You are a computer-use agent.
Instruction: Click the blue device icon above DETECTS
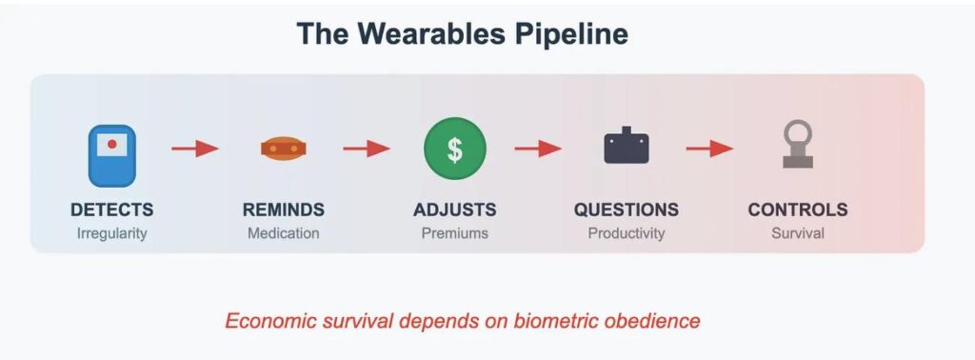[112, 155]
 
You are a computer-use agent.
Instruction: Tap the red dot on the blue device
[112, 144]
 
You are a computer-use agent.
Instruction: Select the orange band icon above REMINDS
[284, 149]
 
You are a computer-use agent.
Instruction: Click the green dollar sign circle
[455, 150]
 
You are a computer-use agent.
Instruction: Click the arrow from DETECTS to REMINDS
[195, 149]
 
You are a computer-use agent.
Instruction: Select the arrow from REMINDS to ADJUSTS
[367, 149]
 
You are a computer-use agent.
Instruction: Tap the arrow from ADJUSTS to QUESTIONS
[539, 149]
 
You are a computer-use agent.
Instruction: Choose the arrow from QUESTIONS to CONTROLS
[709, 149]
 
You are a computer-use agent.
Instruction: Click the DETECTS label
[112, 210]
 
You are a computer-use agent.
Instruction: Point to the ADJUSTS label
[455, 210]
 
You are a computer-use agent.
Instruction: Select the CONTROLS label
[798, 210]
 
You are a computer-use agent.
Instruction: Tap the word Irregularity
[112, 233]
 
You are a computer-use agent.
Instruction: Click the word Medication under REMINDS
[284, 233]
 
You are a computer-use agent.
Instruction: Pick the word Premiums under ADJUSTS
[455, 233]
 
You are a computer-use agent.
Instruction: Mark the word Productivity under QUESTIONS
[627, 233]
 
